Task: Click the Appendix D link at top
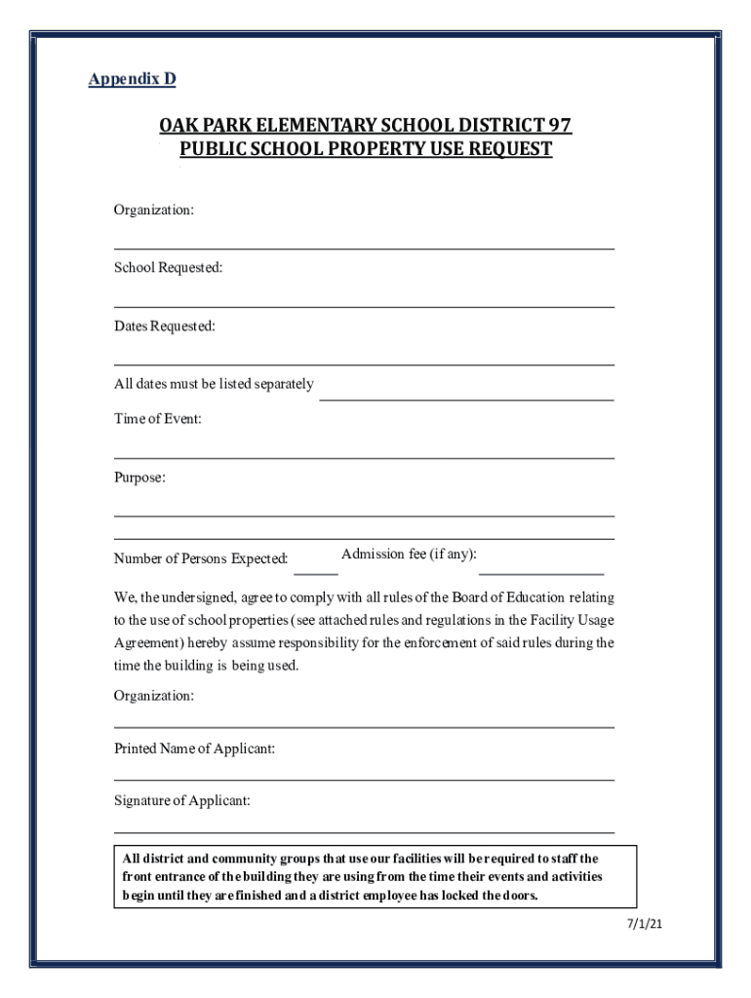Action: [132, 79]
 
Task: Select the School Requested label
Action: [168, 267]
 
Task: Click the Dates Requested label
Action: [164, 326]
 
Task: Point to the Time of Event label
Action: [157, 419]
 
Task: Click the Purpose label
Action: [139, 478]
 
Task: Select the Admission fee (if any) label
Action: [409, 555]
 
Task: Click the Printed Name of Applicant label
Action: [194, 748]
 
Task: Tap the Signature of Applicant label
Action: [181, 801]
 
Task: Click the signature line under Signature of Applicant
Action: [364, 832]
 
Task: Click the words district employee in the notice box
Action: [369, 896]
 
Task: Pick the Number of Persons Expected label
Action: [201, 559]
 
